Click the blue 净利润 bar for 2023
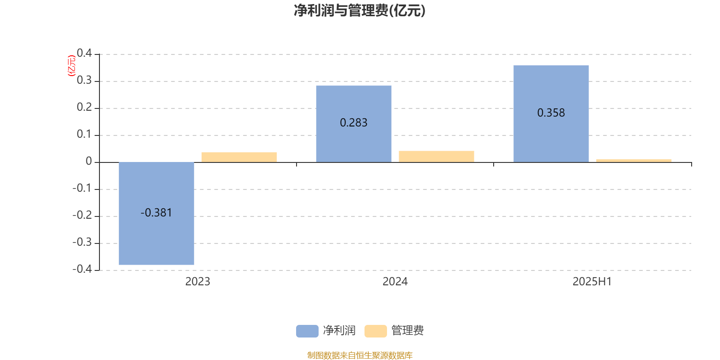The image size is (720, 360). tap(156, 213)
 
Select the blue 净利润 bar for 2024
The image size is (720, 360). tap(354, 124)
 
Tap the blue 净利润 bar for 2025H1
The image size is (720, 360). tap(551, 114)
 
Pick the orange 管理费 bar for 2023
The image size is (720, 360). tap(239, 157)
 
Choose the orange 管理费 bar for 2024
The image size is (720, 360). tap(436, 157)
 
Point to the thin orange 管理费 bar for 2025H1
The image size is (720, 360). tap(634, 161)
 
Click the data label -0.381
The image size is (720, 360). tap(156, 213)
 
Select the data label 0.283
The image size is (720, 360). tap(354, 122)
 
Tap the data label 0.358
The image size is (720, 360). tap(551, 113)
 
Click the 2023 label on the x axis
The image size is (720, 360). tap(198, 282)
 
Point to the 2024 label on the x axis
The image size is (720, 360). tap(395, 282)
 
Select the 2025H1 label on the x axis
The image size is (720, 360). tap(592, 282)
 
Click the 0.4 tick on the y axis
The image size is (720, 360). tap(84, 53)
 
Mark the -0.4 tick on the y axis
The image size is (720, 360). tap(82, 269)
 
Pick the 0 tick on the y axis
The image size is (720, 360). tap(89, 161)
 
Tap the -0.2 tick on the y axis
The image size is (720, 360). tap(82, 215)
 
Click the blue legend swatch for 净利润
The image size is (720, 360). tap(307, 331)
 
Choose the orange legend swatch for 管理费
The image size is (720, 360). tap(375, 331)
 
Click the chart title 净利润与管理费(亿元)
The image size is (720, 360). tap(360, 11)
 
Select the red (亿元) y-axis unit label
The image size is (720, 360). tap(72, 66)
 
